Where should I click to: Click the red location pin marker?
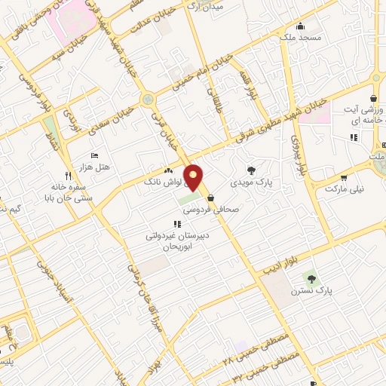[194, 176]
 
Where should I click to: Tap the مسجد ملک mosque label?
[300, 36]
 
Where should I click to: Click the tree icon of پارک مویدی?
[251, 170]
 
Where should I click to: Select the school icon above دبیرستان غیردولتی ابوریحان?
[176, 224]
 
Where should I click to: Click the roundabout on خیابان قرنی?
[147, 98]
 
